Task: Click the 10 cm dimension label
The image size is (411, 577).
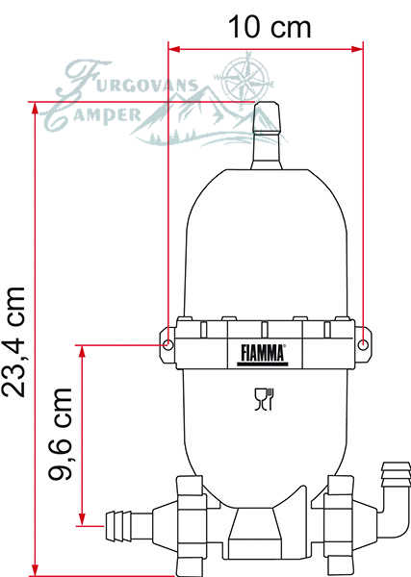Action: pos(270,27)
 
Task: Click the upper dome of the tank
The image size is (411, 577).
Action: pos(264,231)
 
